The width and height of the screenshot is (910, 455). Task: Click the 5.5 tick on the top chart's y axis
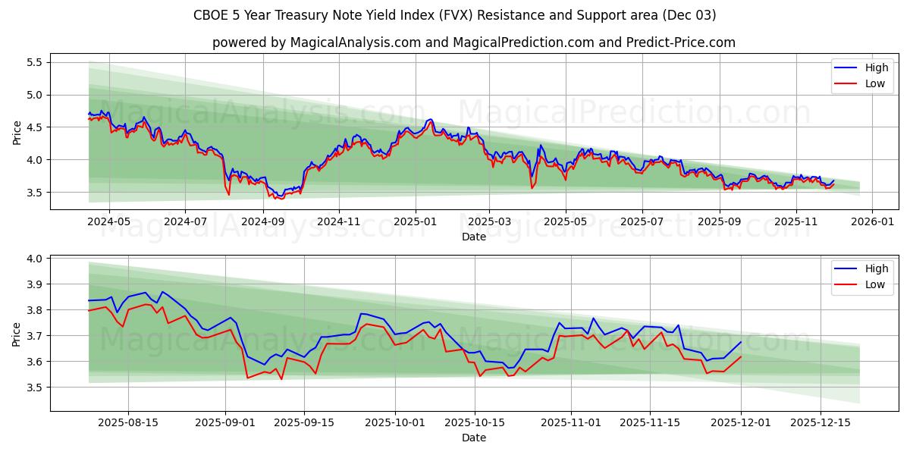[x=34, y=62]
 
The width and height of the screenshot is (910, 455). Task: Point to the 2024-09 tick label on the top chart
[x=262, y=222]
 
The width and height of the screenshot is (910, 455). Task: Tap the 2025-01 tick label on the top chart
[x=415, y=222]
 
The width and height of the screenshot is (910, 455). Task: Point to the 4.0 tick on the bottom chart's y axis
[x=34, y=259]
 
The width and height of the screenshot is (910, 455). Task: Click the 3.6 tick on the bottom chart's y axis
[x=34, y=362]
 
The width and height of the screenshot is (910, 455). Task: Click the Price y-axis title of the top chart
[x=17, y=132]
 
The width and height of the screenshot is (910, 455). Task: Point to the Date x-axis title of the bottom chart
[x=473, y=438]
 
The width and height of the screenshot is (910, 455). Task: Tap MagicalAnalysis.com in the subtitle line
[x=355, y=42]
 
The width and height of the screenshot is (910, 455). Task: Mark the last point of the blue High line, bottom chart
[x=741, y=341]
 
